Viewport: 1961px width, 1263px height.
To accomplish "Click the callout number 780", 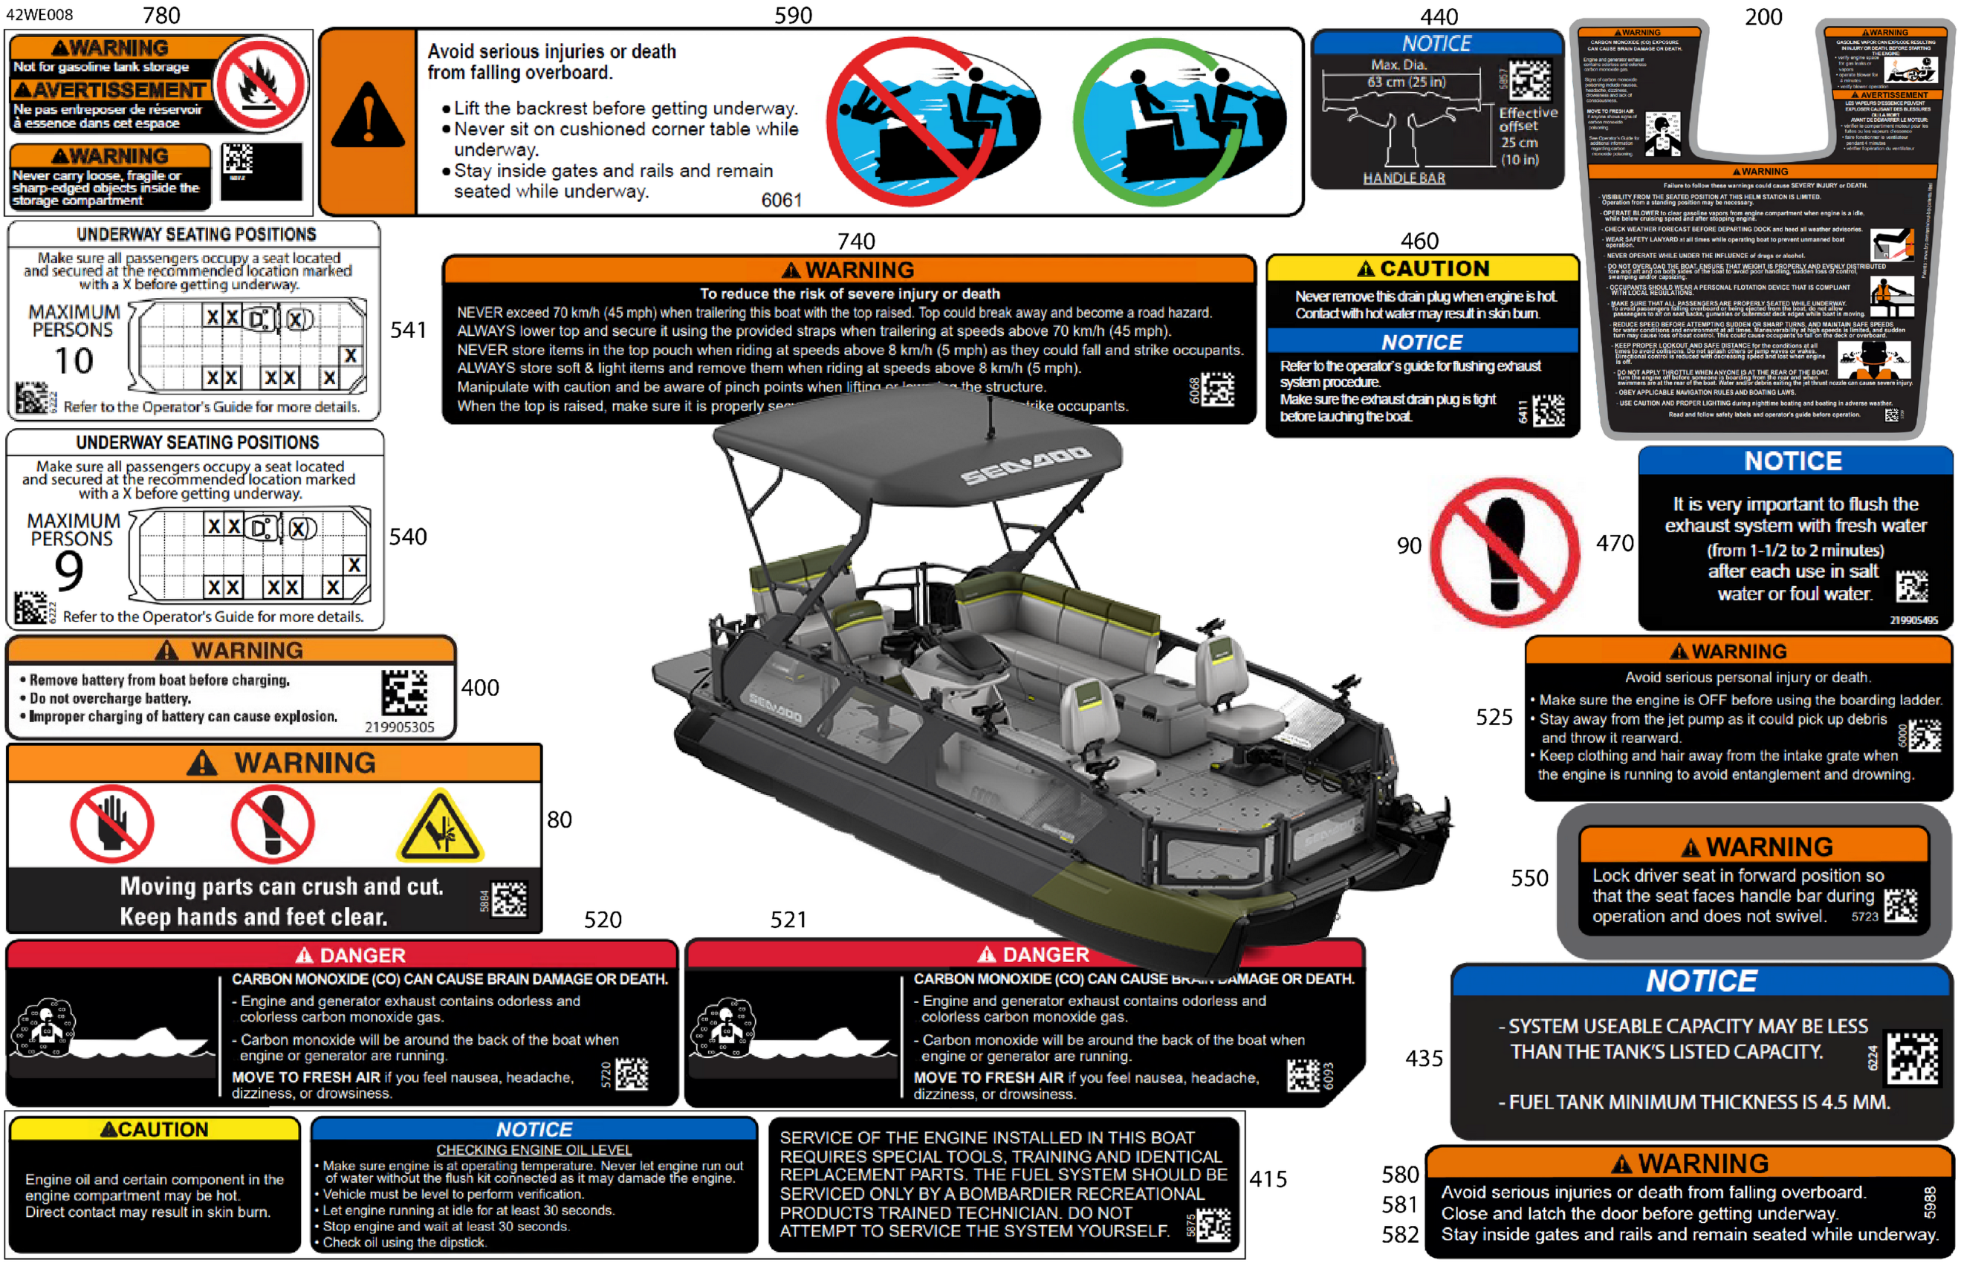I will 161,15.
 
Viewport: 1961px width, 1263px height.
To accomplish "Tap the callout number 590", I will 792,15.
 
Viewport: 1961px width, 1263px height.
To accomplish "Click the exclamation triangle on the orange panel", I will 367,117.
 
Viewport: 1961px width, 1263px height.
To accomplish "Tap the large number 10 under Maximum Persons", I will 73,361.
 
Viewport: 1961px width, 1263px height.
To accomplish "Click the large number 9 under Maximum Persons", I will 69,570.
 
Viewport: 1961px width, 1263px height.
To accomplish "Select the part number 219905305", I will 400,727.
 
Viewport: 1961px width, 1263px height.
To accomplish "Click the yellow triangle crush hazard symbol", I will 441,827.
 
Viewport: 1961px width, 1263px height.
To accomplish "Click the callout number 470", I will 1614,543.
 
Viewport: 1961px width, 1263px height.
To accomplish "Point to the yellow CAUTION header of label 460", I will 1422,268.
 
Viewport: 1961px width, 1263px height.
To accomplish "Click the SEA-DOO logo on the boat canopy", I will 1025,464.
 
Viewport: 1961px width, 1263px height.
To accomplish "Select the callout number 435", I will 1423,1058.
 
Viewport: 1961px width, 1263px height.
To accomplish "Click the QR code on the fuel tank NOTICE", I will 1913,1058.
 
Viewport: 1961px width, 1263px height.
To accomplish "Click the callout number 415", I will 1267,1178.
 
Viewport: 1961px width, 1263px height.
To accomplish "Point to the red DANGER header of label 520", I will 342,955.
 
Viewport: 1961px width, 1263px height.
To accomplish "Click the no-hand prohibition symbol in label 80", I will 111,823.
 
